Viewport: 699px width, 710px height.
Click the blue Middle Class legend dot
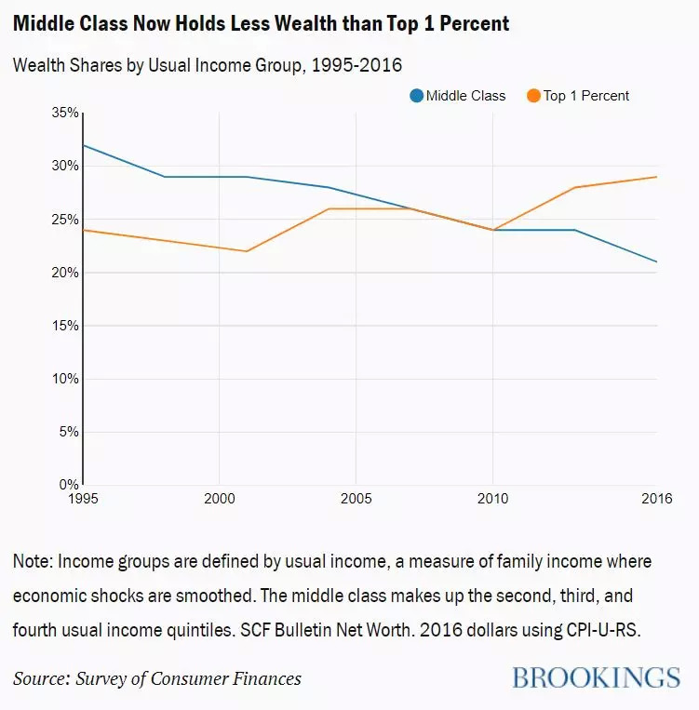point(417,95)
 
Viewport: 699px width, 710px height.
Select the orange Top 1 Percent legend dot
point(534,95)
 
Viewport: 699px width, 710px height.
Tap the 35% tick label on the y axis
point(66,113)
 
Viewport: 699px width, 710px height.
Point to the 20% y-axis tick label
point(66,273)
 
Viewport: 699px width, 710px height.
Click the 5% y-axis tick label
point(70,432)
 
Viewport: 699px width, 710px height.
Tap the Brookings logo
point(596,677)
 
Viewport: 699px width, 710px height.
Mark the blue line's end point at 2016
point(657,261)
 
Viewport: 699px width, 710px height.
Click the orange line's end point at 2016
point(657,177)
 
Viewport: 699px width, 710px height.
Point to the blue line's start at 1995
point(83,145)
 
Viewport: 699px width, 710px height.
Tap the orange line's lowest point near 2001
point(247,251)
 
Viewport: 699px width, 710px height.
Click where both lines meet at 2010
point(493,230)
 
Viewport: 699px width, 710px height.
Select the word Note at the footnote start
point(33,562)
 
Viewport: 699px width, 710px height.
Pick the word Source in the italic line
point(43,677)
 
